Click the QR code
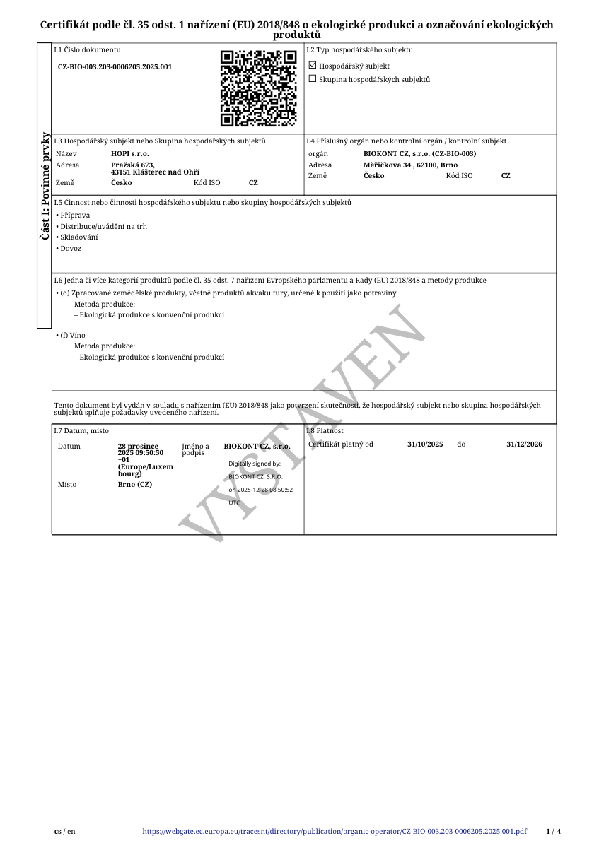[258, 88]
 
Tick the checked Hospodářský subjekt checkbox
[313, 66]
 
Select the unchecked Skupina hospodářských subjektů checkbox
[313, 79]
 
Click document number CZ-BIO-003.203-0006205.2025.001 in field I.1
[115, 67]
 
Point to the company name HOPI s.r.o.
[130, 153]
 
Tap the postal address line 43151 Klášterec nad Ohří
[155, 172]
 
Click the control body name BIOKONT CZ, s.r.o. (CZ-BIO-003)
[419, 153]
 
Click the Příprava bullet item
[74, 215]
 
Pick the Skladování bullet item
[78, 237]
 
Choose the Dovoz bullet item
[70, 249]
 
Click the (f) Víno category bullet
[72, 335]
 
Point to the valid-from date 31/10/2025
[425, 444]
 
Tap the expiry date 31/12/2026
[524, 444]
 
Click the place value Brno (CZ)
[134, 485]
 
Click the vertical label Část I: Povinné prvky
[45, 186]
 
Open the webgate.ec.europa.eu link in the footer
[335, 832]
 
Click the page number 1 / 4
[553, 832]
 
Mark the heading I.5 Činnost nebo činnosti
[202, 203]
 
